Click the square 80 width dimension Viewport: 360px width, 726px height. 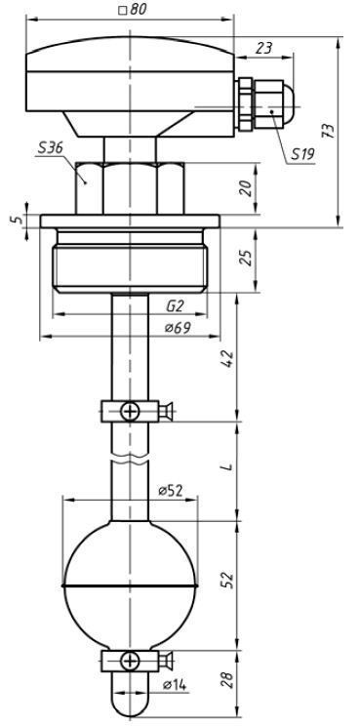pyautogui.click(x=133, y=10)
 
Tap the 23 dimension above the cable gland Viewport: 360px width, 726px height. pyautogui.click(x=263, y=48)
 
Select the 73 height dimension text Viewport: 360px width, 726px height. pyautogui.click(x=328, y=131)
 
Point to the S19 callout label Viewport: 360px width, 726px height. pyautogui.click(x=303, y=154)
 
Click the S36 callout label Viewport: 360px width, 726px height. pyautogui.click(x=50, y=148)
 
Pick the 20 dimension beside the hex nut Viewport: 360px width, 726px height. pyautogui.click(x=246, y=188)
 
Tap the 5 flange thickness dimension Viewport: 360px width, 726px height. pyautogui.click(x=18, y=219)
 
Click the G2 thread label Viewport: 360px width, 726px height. pyautogui.click(x=176, y=306)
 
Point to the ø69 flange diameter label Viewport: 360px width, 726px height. pyautogui.click(x=178, y=328)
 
